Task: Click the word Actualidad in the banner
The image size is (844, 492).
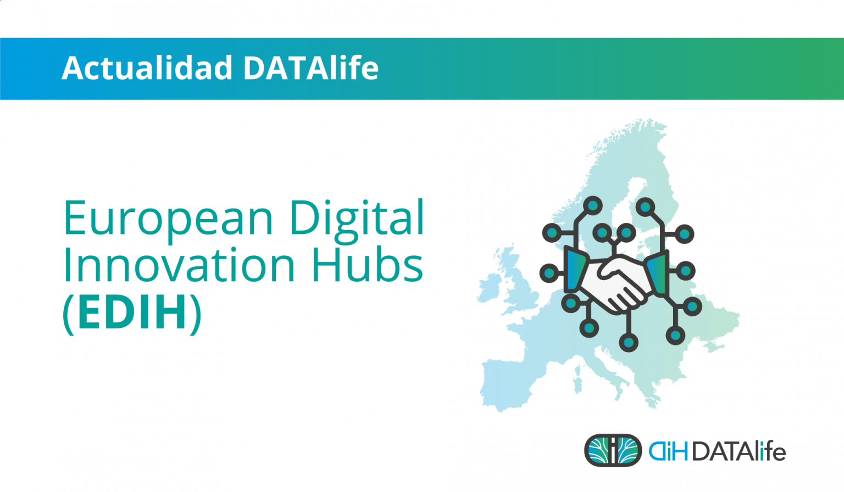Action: (x=147, y=68)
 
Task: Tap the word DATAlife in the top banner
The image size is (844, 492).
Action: (x=310, y=68)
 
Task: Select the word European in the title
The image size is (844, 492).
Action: (x=168, y=219)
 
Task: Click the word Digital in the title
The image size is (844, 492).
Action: (x=357, y=219)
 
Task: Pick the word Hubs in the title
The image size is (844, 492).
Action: (x=367, y=266)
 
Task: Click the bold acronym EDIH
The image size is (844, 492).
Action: (x=132, y=313)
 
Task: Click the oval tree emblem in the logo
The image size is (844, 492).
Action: (x=613, y=450)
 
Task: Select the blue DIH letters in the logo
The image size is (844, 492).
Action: (x=668, y=451)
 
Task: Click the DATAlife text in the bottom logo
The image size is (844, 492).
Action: (x=738, y=451)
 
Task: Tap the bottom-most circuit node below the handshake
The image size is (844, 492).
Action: (x=629, y=343)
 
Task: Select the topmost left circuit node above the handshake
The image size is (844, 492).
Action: (x=593, y=206)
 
